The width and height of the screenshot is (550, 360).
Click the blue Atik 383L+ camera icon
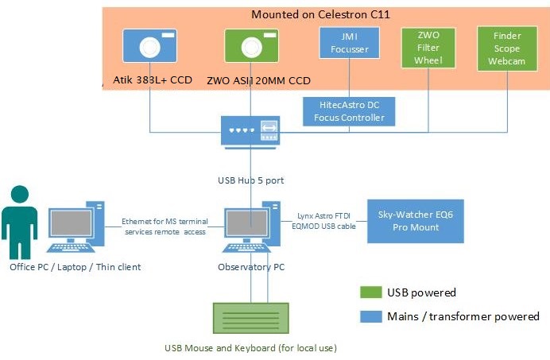pos(149,47)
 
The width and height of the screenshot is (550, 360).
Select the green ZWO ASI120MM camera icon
pos(251,47)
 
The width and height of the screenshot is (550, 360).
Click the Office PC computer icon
pos(76,229)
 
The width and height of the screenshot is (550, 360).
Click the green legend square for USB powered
pos(370,293)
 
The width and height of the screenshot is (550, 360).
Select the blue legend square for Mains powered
pos(370,316)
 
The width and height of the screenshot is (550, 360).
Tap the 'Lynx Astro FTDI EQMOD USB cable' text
pos(323,220)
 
